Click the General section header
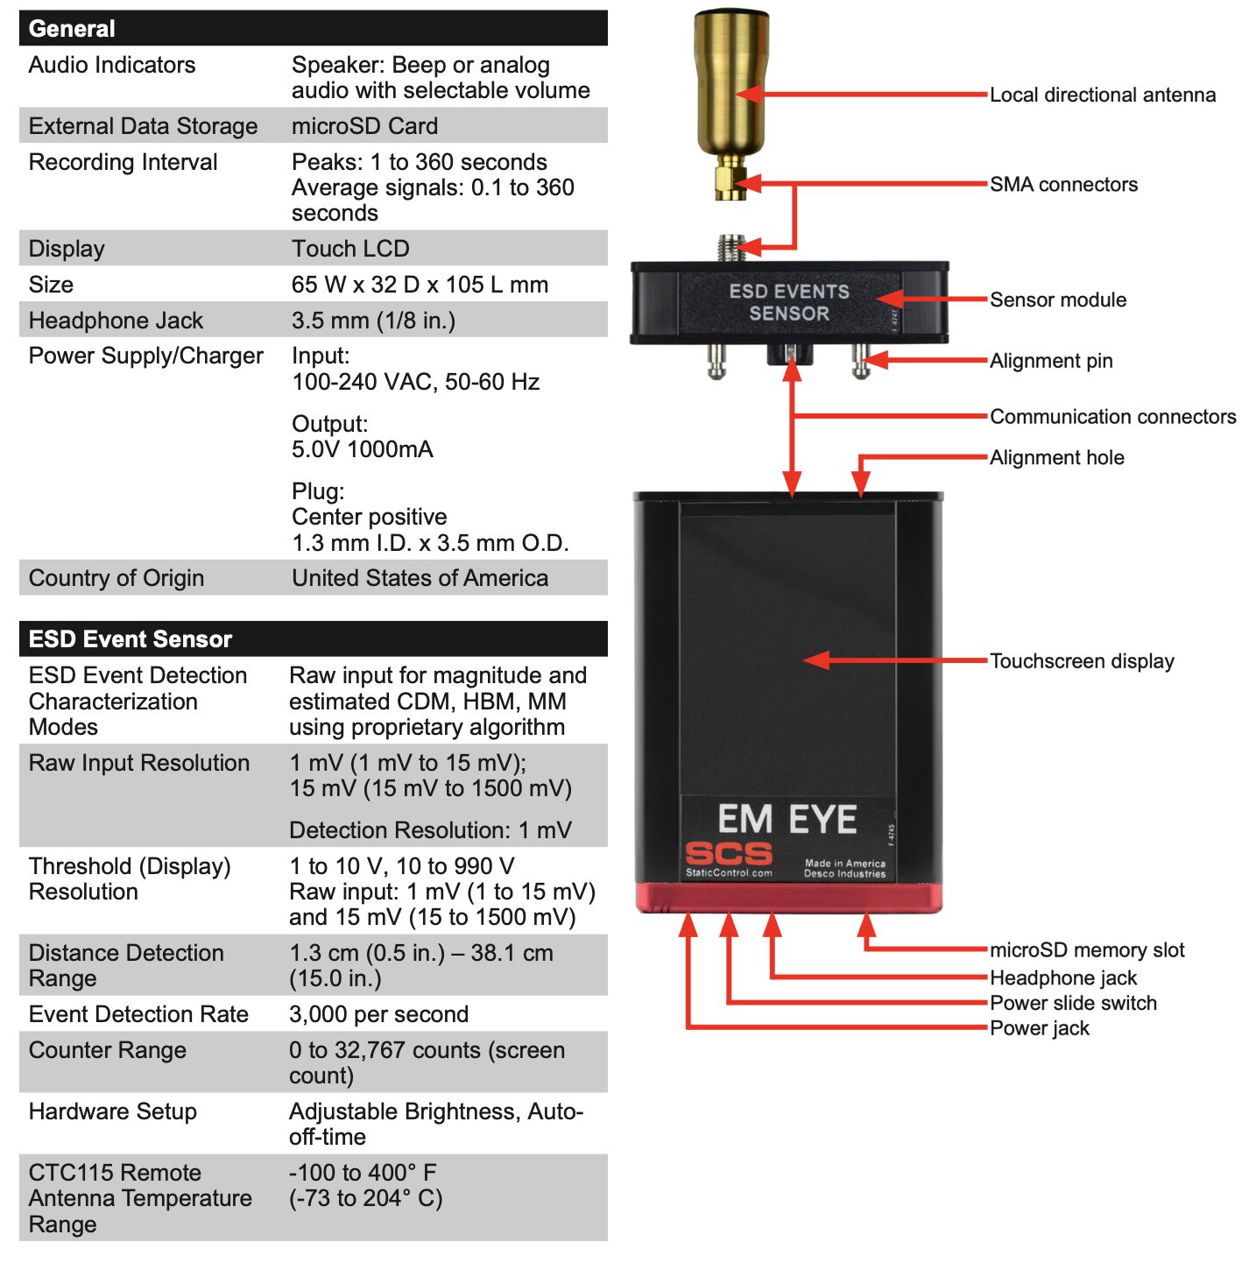(x=72, y=29)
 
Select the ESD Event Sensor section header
(x=130, y=639)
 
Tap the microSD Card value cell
(x=364, y=126)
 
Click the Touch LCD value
(x=350, y=249)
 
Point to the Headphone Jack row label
(x=116, y=321)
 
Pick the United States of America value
(x=420, y=578)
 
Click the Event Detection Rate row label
(x=138, y=1014)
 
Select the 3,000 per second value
(x=378, y=1014)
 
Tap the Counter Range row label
(x=107, y=1050)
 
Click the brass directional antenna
(x=730, y=105)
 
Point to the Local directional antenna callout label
(x=1102, y=95)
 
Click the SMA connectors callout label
(x=1063, y=185)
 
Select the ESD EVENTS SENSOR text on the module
(x=788, y=302)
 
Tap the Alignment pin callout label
(x=1050, y=361)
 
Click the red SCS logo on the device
(x=728, y=854)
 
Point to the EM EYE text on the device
(x=787, y=819)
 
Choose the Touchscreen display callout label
(x=1081, y=660)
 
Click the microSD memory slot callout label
(x=1086, y=950)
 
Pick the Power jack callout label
(x=1039, y=1028)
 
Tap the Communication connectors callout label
(x=1112, y=417)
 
